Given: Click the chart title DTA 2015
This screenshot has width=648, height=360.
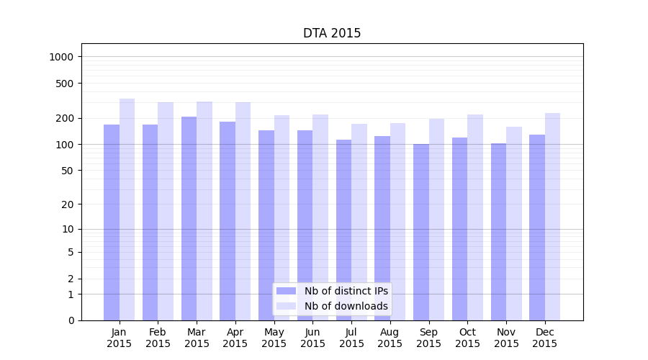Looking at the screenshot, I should pos(332,33).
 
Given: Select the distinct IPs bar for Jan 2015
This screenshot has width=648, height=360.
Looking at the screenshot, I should pos(112,222).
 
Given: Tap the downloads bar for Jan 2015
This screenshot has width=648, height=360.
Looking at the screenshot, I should pos(127,210).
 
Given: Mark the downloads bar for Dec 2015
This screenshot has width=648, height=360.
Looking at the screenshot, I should pos(553,217).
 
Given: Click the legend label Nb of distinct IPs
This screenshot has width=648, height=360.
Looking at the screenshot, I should pos(346,291).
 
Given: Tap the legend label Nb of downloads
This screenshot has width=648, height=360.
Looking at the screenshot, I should pos(346,306).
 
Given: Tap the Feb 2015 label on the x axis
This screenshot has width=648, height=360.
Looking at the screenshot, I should pos(158,338).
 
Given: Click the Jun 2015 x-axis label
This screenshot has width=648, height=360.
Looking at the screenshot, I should pos(312,338).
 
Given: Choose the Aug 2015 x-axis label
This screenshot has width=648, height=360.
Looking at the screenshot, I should pos(390,338).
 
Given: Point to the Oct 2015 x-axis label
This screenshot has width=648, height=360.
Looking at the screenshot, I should pos(467,338).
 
